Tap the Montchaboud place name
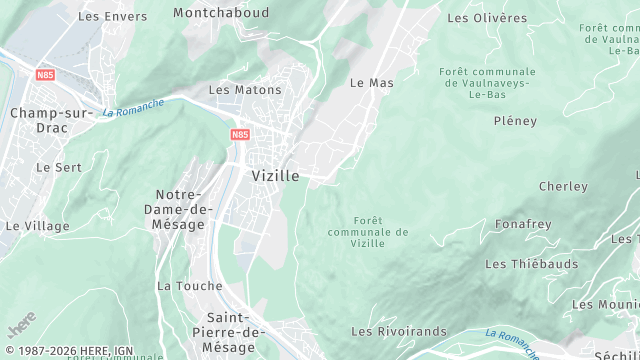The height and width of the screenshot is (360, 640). click(220, 13)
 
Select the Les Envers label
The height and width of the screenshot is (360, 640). click(112, 16)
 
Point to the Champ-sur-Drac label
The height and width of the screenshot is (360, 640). click(51, 113)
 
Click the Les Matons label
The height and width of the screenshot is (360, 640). click(245, 89)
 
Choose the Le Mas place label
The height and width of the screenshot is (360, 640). click(371, 83)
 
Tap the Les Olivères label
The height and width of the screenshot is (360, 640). click(487, 18)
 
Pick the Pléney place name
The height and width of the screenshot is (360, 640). click(515, 121)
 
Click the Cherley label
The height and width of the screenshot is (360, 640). click(563, 186)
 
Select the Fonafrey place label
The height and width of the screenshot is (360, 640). click(523, 224)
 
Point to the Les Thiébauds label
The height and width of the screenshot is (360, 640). click(532, 264)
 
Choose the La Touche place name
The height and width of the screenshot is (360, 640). click(189, 285)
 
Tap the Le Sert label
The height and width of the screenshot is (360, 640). click(59, 167)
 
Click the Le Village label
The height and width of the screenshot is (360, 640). click(38, 226)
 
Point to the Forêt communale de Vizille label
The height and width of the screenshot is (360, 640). click(368, 232)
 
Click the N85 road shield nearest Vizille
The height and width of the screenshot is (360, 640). click(240, 134)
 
